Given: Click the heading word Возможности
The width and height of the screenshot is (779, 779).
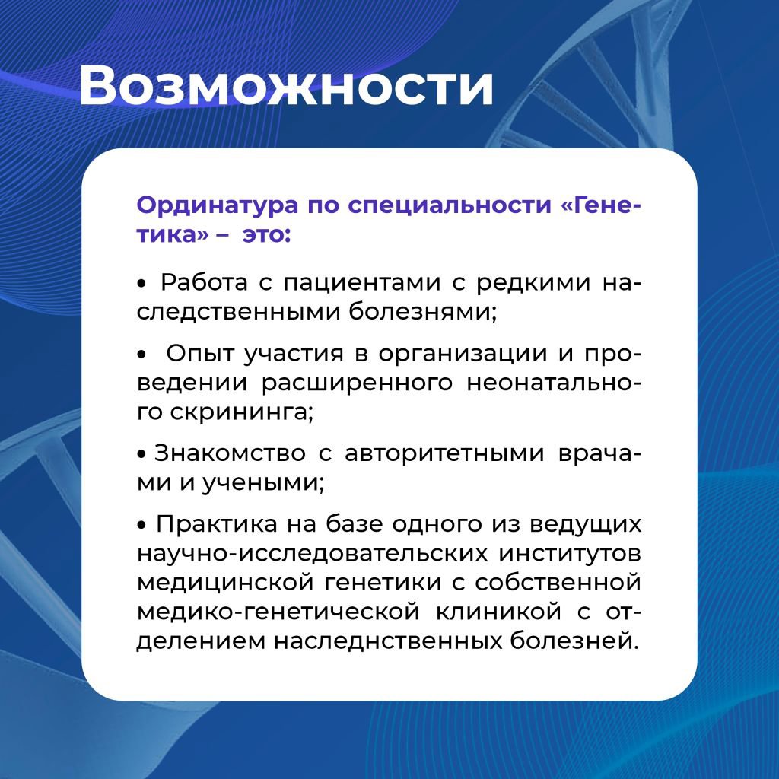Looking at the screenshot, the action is pos(286,85).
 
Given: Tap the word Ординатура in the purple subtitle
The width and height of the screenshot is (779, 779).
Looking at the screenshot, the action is pos(217,205).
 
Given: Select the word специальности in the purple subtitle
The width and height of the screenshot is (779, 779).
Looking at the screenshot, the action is pos(450,205).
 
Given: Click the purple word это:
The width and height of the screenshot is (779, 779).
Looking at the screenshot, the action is pos(265,234).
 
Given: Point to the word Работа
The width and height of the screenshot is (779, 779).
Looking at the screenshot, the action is pos(204,283).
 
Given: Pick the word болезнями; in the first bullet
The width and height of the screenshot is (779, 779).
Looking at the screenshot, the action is pos(422,312).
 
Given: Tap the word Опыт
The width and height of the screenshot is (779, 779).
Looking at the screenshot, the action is pos(200,355).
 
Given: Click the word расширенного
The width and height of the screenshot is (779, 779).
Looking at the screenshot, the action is pos(358,383).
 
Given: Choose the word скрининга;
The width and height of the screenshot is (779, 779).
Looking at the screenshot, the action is pos(241,412).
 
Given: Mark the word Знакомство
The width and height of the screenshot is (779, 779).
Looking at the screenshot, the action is pos(230,453).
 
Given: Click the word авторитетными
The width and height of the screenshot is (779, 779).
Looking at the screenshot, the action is pos(444,455).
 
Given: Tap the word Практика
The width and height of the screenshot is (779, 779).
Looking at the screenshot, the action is pos(217,525).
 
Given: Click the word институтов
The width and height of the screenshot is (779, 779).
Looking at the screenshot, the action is pos(570,554).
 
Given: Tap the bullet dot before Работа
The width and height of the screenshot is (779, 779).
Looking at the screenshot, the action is pos(142,284).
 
